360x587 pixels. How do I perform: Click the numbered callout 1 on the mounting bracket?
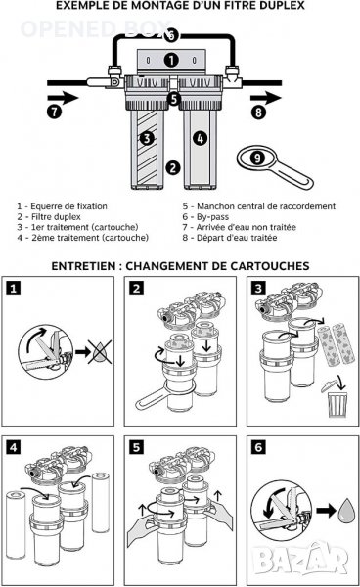tap(171, 60)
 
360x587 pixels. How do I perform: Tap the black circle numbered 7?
tap(55, 112)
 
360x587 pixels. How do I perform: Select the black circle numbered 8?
tap(258, 112)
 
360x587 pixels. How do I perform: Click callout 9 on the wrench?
tap(257, 158)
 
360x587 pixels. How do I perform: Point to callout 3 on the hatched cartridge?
tap(147, 139)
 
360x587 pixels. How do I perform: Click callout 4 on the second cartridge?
tap(201, 138)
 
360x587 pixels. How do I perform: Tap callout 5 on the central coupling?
tap(173, 99)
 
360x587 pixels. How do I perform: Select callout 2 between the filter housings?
tap(173, 167)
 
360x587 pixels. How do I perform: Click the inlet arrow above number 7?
tap(63, 98)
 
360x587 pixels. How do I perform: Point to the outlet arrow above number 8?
tap(266, 99)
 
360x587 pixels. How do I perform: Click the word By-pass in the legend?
tap(212, 217)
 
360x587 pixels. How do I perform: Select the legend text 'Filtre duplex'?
tap(56, 217)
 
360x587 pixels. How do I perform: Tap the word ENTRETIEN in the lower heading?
tap(83, 266)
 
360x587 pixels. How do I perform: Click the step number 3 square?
tap(258, 289)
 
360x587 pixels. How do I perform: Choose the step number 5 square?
tap(136, 447)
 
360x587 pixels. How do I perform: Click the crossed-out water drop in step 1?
tap(100, 351)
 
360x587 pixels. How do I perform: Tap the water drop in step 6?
tap(345, 510)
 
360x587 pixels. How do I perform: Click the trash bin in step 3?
tap(337, 404)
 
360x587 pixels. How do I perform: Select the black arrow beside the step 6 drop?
tap(326, 511)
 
